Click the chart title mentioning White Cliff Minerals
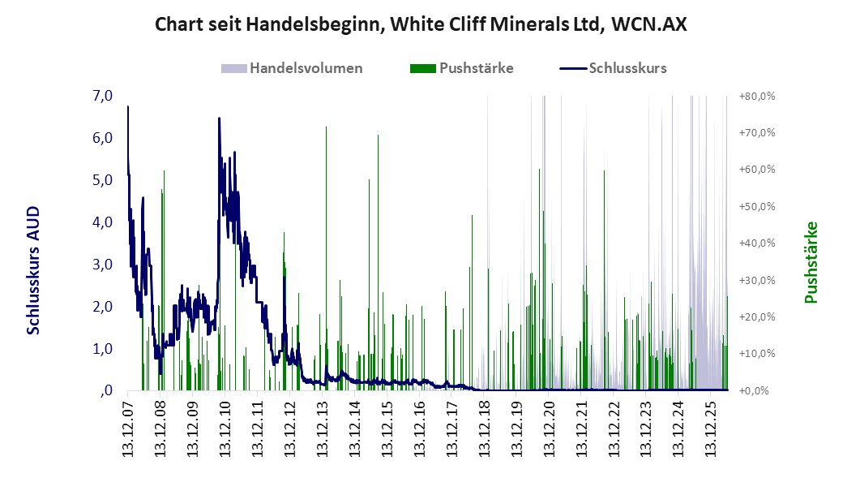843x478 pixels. pos(421,24)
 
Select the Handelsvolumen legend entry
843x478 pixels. pos(292,68)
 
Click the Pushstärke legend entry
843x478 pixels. pos(461,68)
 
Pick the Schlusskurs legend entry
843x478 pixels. pos(613,68)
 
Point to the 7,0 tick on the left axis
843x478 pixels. pos(103,96)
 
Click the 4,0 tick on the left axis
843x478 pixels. pos(103,222)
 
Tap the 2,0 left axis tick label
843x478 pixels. pos(103,307)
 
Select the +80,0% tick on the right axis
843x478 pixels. pos(757,97)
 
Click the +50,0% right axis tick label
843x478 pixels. pos(757,207)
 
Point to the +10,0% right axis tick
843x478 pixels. pos(757,354)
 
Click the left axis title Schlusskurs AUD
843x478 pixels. pos(33,270)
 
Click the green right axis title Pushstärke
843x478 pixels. pos(811,262)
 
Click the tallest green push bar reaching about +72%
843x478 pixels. pos(326,258)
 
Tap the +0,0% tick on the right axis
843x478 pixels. pos(757,391)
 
